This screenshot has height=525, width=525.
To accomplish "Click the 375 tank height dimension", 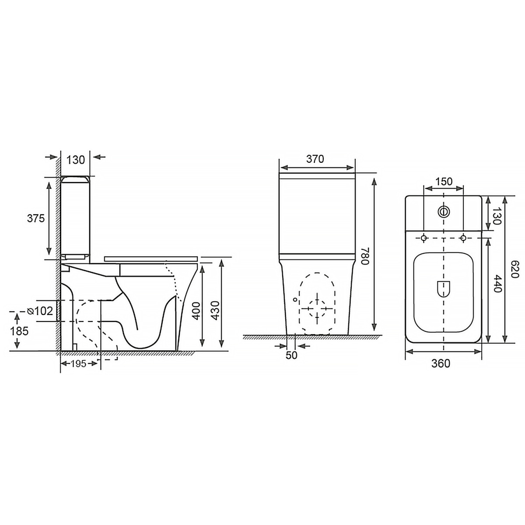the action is [x=36, y=218].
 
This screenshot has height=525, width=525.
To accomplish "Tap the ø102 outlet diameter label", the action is [x=40, y=311].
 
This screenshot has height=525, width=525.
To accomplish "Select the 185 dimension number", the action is [x=19, y=331].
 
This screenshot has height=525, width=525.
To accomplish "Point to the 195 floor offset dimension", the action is [x=78, y=364].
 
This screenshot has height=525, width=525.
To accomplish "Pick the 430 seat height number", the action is [x=216, y=311].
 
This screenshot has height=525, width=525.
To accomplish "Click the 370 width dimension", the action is [x=315, y=159].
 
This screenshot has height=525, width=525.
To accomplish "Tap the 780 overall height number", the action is [x=365, y=256].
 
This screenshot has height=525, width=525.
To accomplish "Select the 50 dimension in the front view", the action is [x=291, y=355].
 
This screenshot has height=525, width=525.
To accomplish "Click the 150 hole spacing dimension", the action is [x=444, y=182].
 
